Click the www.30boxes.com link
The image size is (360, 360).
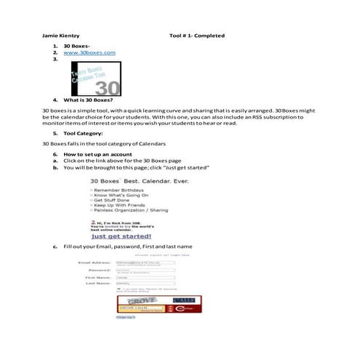89,53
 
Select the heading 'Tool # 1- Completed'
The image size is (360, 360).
196,36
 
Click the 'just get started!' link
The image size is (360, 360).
121,236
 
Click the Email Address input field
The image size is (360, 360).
145,261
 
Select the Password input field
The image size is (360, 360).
145,269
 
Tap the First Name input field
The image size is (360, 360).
145,277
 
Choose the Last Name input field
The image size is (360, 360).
145,284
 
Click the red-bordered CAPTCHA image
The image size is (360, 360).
159,304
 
